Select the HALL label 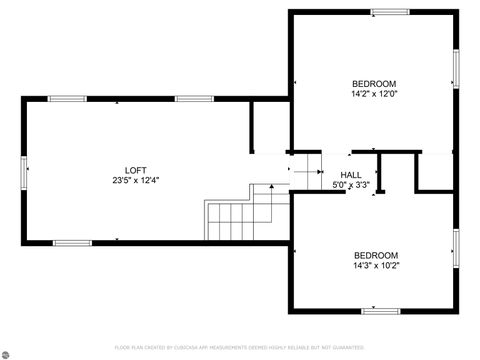pyautogui.click(x=351, y=175)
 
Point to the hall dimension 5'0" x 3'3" pyautogui.click(x=351, y=185)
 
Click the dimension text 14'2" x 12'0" pyautogui.click(x=374, y=94)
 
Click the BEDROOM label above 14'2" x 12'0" pyautogui.click(x=374, y=83)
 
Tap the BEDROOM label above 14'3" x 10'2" pyautogui.click(x=375, y=255)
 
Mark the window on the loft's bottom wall pyautogui.click(x=72, y=242)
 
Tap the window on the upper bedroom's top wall pyautogui.click(x=390, y=12)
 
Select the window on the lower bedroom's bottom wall pyautogui.click(x=381, y=311)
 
